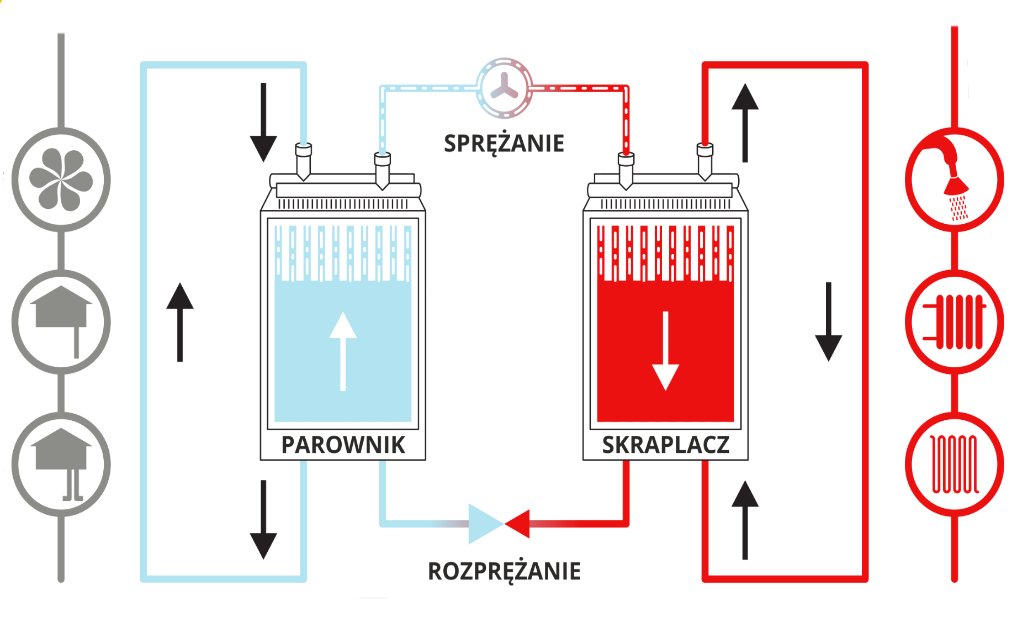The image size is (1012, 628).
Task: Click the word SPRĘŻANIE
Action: pyautogui.click(x=504, y=144)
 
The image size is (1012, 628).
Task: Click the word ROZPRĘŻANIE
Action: pyautogui.click(x=504, y=571)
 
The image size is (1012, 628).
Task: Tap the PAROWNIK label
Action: pyautogui.click(x=343, y=445)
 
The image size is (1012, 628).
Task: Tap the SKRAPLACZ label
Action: pyautogui.click(x=665, y=445)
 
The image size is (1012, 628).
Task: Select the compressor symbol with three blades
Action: pyautogui.click(x=504, y=88)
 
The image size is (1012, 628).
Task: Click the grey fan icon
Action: pyautogui.click(x=61, y=180)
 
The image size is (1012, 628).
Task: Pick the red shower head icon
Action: pyautogui.click(x=955, y=180)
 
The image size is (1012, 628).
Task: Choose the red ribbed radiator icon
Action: pyautogui.click(x=955, y=322)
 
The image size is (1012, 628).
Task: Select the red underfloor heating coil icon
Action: pyautogui.click(x=955, y=464)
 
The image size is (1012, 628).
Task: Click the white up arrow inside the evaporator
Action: pyautogui.click(x=343, y=351)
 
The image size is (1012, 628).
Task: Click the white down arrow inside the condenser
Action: pyautogui.click(x=665, y=351)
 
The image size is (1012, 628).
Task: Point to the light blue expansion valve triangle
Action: pyautogui.click(x=484, y=523)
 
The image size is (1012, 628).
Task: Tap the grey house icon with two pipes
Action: pyautogui.click(x=61, y=464)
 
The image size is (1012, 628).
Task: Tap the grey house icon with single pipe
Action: pyautogui.click(x=61, y=322)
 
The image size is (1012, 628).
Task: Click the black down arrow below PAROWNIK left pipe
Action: pyautogui.click(x=263, y=519)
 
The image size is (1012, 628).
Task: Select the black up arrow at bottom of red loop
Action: pyautogui.click(x=745, y=519)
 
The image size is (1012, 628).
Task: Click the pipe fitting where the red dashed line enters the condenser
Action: pyautogui.click(x=626, y=168)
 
